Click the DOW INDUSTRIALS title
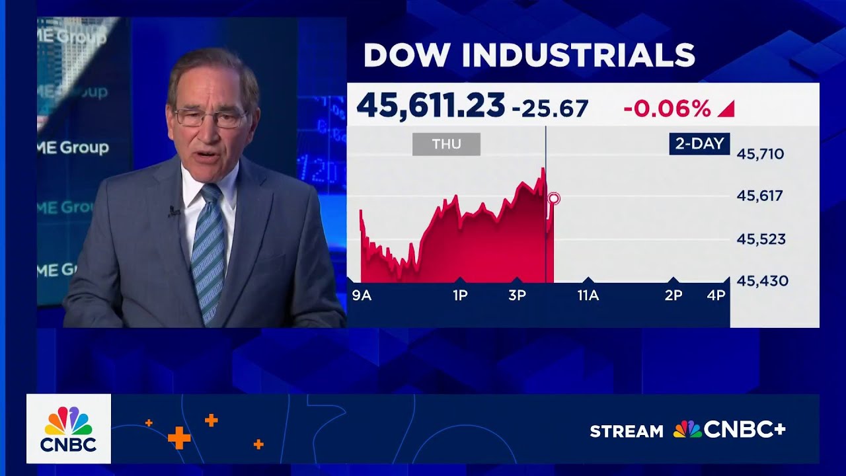point(529,56)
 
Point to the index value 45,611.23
point(430,106)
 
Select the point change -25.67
point(550,108)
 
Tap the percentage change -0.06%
point(667,108)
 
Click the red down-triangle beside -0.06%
point(726,109)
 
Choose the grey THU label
point(446,144)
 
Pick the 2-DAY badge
point(699,143)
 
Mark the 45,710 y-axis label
point(760,155)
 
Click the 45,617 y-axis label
point(760,196)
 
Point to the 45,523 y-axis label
point(761,239)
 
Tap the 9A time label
point(362,296)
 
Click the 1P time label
point(460,296)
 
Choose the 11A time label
point(588,296)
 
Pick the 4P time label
point(716,296)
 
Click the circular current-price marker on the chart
point(554,198)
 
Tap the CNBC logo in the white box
point(69,429)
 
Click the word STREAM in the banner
point(626,432)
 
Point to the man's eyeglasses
point(210,118)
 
